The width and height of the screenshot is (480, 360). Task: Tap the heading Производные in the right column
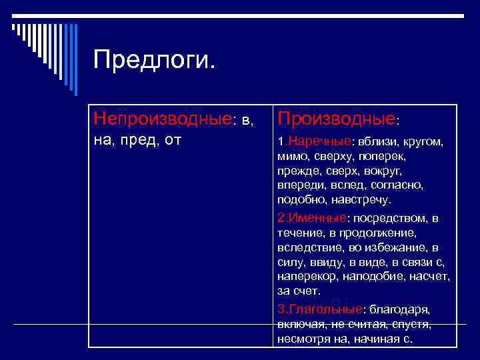click(337, 119)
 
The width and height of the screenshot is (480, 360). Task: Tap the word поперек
click(388, 157)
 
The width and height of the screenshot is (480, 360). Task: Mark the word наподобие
click(375, 277)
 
